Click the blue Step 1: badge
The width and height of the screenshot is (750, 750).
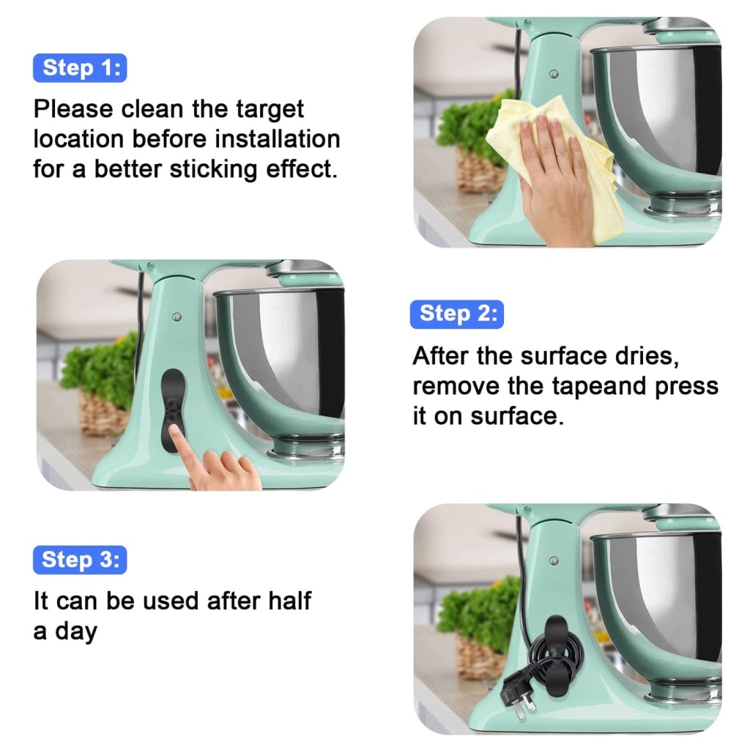click(x=80, y=68)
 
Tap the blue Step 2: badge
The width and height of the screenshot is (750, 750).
click(x=456, y=313)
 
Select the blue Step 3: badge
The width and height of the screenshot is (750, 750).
click(x=80, y=560)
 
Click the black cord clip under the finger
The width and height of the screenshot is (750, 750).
click(x=173, y=399)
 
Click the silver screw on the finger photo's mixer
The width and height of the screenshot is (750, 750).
click(x=177, y=317)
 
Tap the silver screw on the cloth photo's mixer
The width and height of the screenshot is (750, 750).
click(x=554, y=74)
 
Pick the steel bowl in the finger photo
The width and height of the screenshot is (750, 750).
click(x=286, y=359)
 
